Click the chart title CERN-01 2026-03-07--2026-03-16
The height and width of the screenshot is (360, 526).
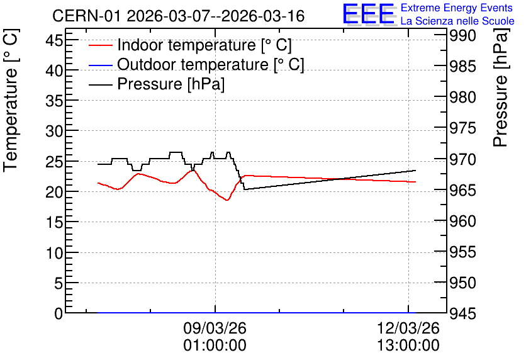pyautogui.click(x=178, y=16)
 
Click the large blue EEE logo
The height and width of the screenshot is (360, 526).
pyautogui.click(x=369, y=14)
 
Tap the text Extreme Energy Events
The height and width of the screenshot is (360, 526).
pyautogui.click(x=457, y=8)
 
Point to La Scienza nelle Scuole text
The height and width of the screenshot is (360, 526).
pyautogui.click(x=457, y=21)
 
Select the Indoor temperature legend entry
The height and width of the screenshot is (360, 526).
pyautogui.click(x=190, y=45)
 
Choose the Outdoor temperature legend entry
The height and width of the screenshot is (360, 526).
pyautogui.click(x=196, y=64)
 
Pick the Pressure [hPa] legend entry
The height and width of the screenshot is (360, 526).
pyautogui.click(x=157, y=84)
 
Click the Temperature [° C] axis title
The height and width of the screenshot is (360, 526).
pyautogui.click(x=11, y=101)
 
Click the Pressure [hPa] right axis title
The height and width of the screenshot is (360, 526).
pyautogui.click(x=500, y=87)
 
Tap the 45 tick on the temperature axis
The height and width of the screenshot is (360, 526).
pyautogui.click(x=54, y=41)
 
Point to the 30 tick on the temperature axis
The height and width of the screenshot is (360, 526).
pyautogui.click(x=54, y=131)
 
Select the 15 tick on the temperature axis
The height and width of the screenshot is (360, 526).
pyautogui.click(x=54, y=222)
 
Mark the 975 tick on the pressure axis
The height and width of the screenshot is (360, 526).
pyautogui.click(x=462, y=128)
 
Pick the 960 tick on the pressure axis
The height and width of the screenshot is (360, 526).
pyautogui.click(x=462, y=221)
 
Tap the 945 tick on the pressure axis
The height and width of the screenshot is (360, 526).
pyautogui.click(x=462, y=314)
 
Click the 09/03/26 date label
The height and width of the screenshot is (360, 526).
pyautogui.click(x=215, y=328)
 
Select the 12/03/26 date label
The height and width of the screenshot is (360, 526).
pyautogui.click(x=408, y=328)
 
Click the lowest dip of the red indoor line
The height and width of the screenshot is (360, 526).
pyautogui.click(x=227, y=200)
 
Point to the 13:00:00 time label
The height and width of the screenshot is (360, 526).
pyautogui.click(x=408, y=346)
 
